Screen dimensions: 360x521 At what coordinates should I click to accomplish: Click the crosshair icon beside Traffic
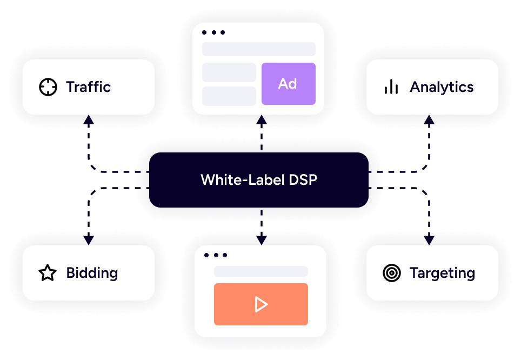pos(48,87)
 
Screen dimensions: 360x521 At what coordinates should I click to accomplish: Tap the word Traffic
pos(88,87)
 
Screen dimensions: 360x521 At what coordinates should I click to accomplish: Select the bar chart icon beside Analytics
pos(391,87)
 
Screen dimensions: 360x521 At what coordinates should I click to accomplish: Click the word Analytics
pos(442,87)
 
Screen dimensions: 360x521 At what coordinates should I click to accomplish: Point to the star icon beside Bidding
pos(48,273)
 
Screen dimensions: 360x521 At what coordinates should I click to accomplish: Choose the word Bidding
pos(92,273)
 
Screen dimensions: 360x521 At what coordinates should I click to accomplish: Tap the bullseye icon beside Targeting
pos(391,273)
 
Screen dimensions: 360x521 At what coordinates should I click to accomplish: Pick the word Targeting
pos(442,273)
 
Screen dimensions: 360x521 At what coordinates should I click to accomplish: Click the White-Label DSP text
pos(259,180)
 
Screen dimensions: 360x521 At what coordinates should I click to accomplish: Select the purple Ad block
pos(288,84)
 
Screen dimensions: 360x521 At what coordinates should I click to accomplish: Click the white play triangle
pos(261,304)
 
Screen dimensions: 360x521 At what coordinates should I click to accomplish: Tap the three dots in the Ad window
pos(213,33)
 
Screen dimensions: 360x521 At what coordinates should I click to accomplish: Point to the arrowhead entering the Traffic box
pos(89,119)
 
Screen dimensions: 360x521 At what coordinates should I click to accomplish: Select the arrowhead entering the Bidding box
pos(89,241)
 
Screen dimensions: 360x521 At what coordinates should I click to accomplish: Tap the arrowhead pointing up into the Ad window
pos(261,119)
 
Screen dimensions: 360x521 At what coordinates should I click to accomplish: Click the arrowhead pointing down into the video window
pos(261,241)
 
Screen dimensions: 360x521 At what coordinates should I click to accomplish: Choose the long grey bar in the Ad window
pos(258,49)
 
